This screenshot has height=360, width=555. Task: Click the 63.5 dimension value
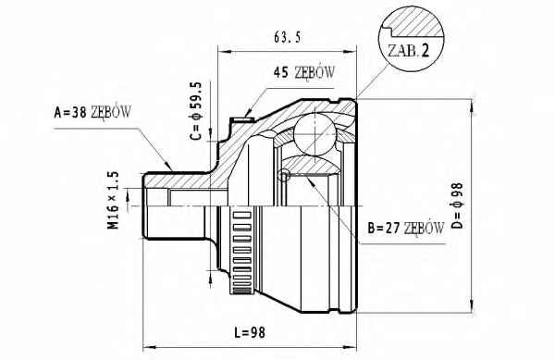click(x=287, y=37)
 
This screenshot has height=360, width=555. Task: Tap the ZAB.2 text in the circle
click(x=408, y=51)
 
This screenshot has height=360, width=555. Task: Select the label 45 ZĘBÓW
click(x=303, y=72)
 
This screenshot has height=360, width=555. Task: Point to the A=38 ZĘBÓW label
click(x=92, y=112)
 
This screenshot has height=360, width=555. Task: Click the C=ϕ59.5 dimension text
click(x=195, y=111)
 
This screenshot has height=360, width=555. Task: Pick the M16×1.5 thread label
click(x=113, y=200)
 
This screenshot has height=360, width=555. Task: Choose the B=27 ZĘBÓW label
click(x=406, y=229)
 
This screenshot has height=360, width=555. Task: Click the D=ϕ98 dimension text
click(x=457, y=205)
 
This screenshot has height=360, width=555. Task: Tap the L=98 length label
click(x=250, y=332)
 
